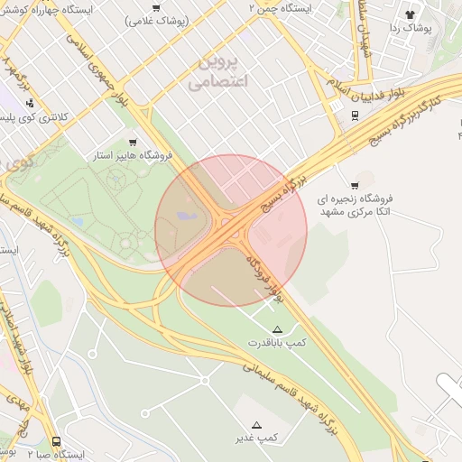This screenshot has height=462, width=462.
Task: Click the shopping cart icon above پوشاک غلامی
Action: tap(157, 7)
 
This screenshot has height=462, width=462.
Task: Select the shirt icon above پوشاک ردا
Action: tap(410, 14)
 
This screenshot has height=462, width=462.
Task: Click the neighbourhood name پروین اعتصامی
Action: tap(216, 71)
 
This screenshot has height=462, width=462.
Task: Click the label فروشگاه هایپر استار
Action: tap(132, 156)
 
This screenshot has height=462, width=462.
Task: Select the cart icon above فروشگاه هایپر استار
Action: tap(134, 142)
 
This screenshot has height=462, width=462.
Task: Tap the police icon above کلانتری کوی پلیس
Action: tap(17, 103)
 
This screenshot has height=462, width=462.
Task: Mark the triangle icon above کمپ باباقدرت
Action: tap(277, 328)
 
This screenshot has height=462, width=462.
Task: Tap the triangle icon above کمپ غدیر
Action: tap(256, 425)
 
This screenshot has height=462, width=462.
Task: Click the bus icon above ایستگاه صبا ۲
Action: tap(56, 442)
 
